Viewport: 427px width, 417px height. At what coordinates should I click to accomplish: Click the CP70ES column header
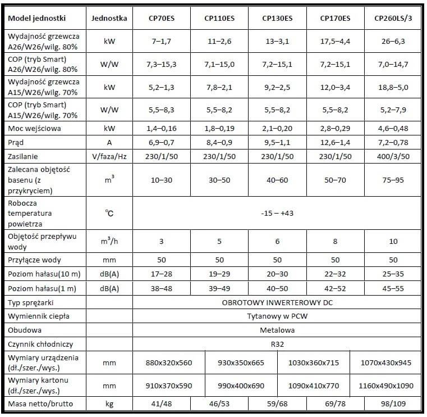point(162,19)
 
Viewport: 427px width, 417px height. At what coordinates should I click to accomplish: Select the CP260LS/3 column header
point(393,19)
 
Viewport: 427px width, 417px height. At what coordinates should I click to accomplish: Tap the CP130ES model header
point(277,19)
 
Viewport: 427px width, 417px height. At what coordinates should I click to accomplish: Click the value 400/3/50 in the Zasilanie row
point(393,156)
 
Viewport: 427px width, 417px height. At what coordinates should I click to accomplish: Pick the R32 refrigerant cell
point(277,343)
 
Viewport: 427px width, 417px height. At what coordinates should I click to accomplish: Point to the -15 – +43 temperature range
point(277,214)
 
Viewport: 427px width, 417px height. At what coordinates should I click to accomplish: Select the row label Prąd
point(17,142)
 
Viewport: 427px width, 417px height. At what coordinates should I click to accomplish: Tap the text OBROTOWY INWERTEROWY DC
point(277,302)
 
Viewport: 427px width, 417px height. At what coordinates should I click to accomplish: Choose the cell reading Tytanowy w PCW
point(277,316)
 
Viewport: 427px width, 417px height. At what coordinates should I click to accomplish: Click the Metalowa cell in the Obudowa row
point(277,330)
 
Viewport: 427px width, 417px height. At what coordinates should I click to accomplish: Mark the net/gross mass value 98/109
point(393,404)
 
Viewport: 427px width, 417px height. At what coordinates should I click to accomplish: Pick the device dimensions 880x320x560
point(169,362)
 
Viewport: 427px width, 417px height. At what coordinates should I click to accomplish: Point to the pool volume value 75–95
point(393,181)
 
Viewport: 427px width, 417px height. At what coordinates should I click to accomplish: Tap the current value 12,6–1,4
point(335,142)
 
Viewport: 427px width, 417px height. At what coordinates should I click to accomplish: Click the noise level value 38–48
point(162,288)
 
